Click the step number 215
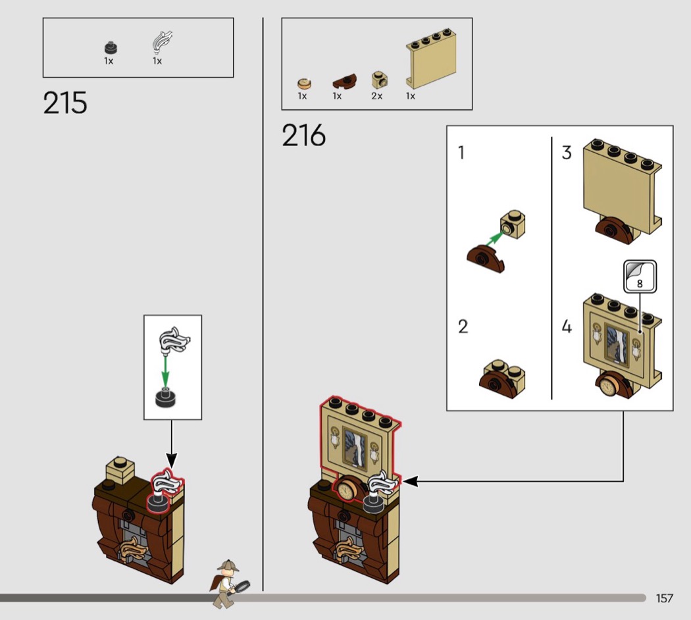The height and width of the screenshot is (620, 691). [65, 103]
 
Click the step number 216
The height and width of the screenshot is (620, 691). [303, 135]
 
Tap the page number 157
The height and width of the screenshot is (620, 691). [665, 598]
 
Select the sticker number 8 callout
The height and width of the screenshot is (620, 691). [640, 276]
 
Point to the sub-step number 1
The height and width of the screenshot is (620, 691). [461, 153]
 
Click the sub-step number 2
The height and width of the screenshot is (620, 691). [463, 326]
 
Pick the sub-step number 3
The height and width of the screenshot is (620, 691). [567, 153]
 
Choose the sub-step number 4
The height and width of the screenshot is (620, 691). [567, 326]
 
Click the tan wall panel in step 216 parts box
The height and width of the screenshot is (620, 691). [431, 59]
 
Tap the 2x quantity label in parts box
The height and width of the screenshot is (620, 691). [377, 96]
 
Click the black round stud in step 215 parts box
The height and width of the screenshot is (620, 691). [111, 47]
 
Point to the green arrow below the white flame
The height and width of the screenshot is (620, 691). [165, 371]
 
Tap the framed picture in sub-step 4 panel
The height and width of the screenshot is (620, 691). [617, 345]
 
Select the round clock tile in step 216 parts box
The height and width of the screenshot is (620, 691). [304, 84]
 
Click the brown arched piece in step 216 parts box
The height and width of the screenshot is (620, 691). [345, 81]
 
